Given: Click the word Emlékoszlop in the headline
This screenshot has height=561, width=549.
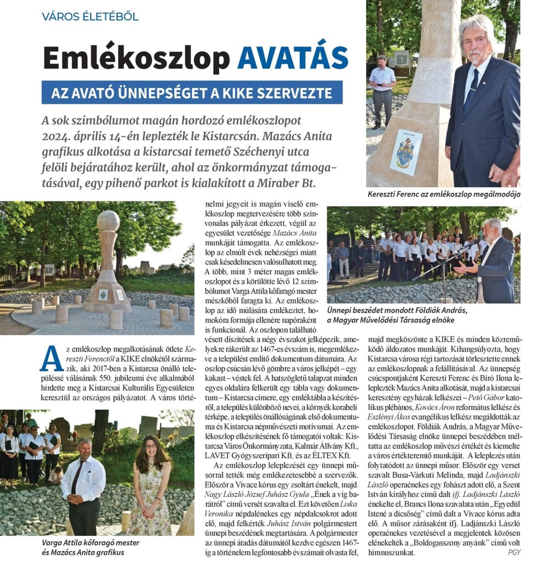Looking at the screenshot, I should point(136,58).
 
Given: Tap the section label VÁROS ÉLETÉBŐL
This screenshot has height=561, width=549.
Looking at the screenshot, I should point(90,16).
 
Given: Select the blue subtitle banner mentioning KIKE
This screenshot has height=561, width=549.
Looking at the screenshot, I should point(192,93).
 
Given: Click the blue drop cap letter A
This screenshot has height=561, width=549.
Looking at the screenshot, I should point(51,359).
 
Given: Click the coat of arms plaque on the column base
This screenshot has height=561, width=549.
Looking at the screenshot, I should point(406,152).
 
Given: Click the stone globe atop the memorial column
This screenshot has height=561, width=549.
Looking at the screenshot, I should point(108,221).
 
